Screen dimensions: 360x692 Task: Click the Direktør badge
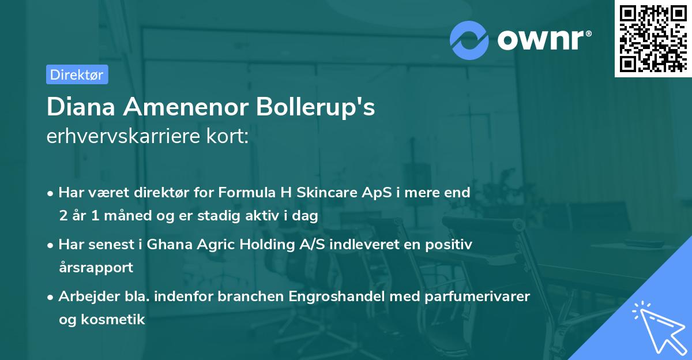77,74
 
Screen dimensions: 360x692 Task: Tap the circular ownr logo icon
469,40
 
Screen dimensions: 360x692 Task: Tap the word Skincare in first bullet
322,192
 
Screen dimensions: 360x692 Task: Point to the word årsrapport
96,268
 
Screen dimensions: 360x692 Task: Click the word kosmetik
114,320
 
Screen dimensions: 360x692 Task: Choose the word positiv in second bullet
453,245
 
